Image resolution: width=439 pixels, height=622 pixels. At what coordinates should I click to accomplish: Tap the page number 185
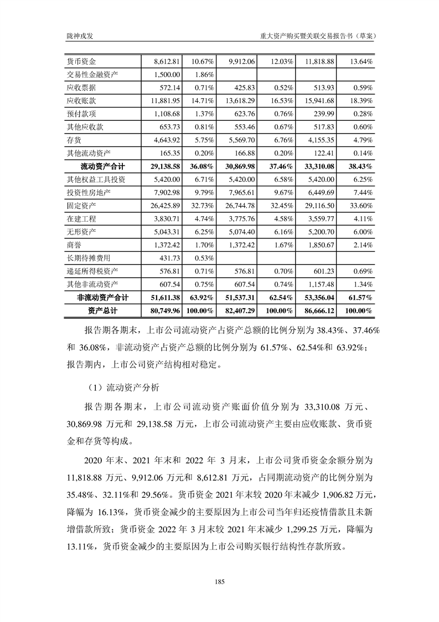[x=219, y=582]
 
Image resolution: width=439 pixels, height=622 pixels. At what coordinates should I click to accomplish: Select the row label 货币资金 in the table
[x=81, y=61]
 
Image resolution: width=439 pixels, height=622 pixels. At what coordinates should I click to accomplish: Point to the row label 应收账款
[x=81, y=101]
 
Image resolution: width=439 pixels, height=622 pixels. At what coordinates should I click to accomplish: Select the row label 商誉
[x=74, y=245]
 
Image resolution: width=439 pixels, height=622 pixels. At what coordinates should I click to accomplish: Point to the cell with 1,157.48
[x=317, y=284]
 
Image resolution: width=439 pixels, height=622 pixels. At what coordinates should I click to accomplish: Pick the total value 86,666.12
[x=316, y=311]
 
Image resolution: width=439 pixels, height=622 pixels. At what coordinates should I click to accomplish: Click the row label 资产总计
[x=103, y=311]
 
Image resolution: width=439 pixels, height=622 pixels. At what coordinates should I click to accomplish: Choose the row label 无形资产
[x=81, y=232]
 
